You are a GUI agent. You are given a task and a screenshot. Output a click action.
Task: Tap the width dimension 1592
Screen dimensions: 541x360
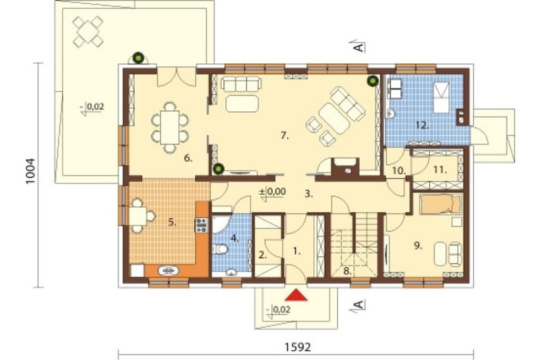pos(298,347)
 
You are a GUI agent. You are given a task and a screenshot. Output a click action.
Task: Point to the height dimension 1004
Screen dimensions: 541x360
pos(31,171)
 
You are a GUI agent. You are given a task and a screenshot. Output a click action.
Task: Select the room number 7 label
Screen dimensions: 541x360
pos(285,136)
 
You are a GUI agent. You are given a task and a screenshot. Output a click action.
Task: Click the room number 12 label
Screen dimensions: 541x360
pos(423,125)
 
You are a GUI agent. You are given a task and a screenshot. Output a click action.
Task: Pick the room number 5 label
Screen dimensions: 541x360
pos(172,222)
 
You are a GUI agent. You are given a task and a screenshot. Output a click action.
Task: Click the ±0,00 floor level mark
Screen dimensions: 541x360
pos(273,192)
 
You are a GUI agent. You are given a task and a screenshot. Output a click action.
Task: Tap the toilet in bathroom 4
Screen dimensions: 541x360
pos(220,249)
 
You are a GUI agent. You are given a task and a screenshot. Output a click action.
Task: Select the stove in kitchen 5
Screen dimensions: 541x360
pos(201,225)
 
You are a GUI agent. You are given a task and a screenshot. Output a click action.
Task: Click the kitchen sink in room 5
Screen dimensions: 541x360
pos(169,271)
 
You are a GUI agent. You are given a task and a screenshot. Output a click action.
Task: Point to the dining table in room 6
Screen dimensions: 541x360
pos(170,127)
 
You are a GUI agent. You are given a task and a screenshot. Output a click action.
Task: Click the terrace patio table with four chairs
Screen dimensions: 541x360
pos(88,32)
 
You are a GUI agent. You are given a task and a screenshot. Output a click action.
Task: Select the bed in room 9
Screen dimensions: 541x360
pos(440,204)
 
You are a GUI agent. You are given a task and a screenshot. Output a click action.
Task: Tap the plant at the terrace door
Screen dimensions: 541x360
pos(138,58)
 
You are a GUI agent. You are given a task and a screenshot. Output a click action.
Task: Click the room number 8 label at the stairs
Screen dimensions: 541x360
pos(347,271)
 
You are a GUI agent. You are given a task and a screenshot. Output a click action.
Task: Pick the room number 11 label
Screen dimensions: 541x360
pos(440,170)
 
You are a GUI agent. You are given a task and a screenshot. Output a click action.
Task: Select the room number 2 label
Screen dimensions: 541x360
pos(263,256)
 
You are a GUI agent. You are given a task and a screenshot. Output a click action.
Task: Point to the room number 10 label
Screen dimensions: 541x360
pos(399,170)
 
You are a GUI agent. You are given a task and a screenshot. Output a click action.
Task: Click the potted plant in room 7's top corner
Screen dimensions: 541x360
pos(372,81)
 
